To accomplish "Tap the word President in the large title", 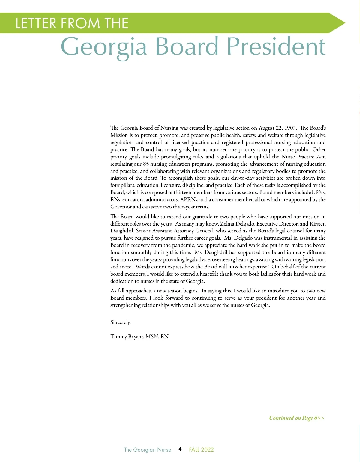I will click(276, 46).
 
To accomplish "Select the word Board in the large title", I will click(187, 46).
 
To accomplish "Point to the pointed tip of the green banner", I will click(344, 23).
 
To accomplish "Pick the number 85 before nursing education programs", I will click(146, 164).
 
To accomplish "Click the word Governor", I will click(121, 207).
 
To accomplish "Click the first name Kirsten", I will click(317, 224).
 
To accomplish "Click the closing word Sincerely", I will click(120, 322).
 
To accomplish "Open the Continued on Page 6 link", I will click(296, 418).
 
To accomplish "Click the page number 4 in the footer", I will click(180, 449).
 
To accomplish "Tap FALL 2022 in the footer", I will click(201, 449).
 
